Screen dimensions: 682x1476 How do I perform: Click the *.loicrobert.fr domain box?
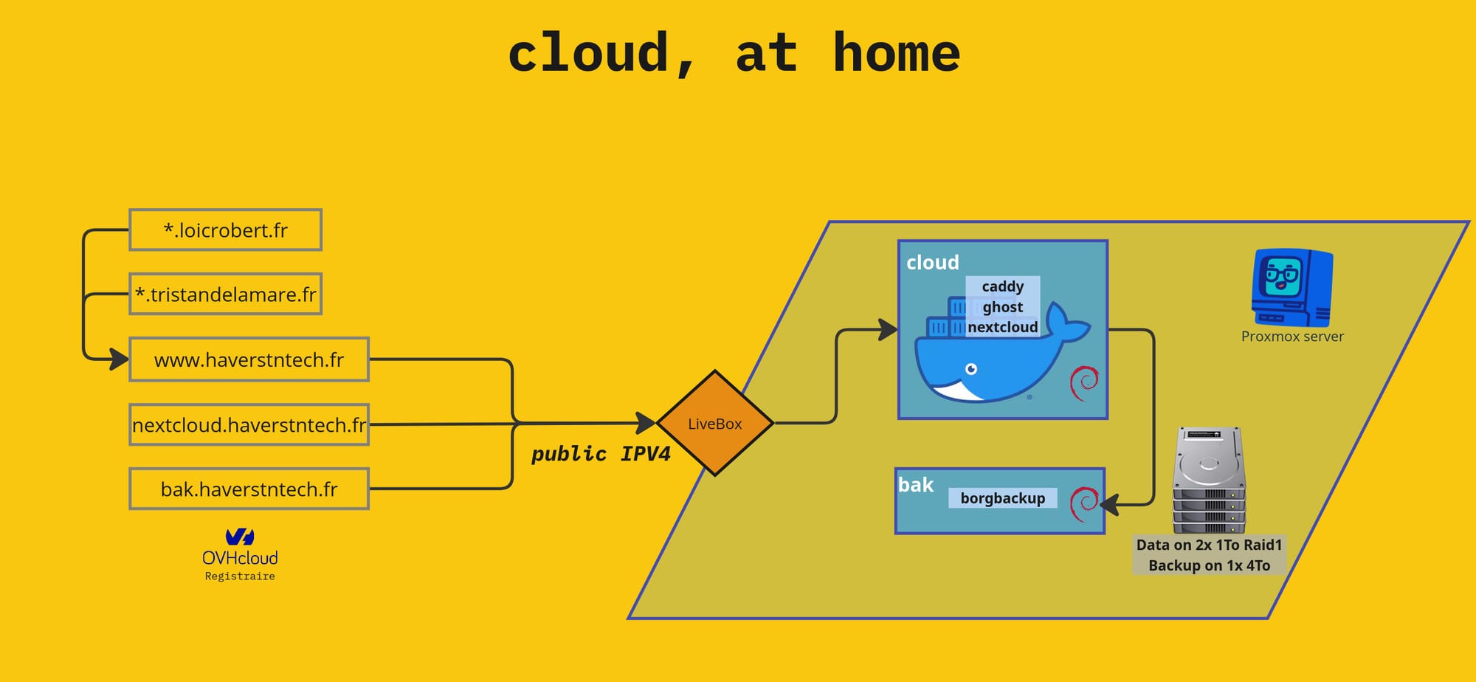[x=225, y=230]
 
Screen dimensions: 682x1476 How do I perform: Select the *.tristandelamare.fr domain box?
[x=225, y=294]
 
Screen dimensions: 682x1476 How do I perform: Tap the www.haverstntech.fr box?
[x=249, y=360]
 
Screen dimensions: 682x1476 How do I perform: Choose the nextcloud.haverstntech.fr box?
[x=249, y=425]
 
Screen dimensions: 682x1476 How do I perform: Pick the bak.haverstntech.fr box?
[x=249, y=489]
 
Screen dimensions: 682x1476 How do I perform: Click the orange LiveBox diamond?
[x=714, y=424]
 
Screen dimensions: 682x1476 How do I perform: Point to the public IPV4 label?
[x=601, y=454]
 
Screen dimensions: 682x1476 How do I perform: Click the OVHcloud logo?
[x=240, y=546]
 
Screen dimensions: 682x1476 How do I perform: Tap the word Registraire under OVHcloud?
[x=240, y=576]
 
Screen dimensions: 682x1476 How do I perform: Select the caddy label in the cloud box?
[x=1002, y=286]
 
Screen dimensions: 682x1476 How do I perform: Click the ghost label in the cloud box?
[x=1002, y=307]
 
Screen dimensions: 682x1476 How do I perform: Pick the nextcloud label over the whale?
[x=1002, y=327]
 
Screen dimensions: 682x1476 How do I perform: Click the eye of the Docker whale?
[x=971, y=369]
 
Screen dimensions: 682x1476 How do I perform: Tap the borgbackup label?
[x=1002, y=498]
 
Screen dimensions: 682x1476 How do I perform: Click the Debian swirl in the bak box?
[x=1084, y=504]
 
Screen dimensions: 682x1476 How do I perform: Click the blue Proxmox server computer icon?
[x=1291, y=289]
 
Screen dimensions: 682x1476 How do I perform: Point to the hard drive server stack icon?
[x=1209, y=480]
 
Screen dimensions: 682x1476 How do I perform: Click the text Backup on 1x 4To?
[x=1209, y=566]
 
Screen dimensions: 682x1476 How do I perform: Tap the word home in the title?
[x=896, y=53]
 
